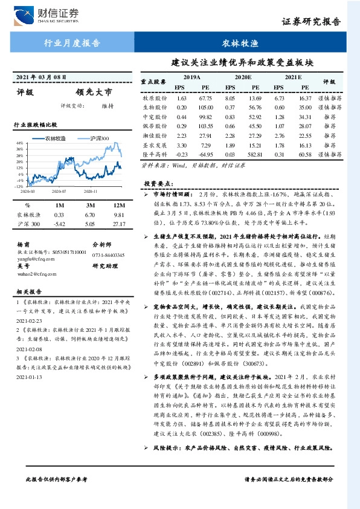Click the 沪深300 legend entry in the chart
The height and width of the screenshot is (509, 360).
tap(97, 138)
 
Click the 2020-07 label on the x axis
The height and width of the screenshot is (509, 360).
tap(59, 190)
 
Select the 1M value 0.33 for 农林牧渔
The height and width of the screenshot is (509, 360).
tap(59, 215)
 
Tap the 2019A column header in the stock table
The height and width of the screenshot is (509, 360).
tap(191, 78)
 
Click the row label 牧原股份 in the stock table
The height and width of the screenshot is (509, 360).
tap(155, 98)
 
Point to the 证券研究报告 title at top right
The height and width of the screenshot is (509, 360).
tap(320, 22)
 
